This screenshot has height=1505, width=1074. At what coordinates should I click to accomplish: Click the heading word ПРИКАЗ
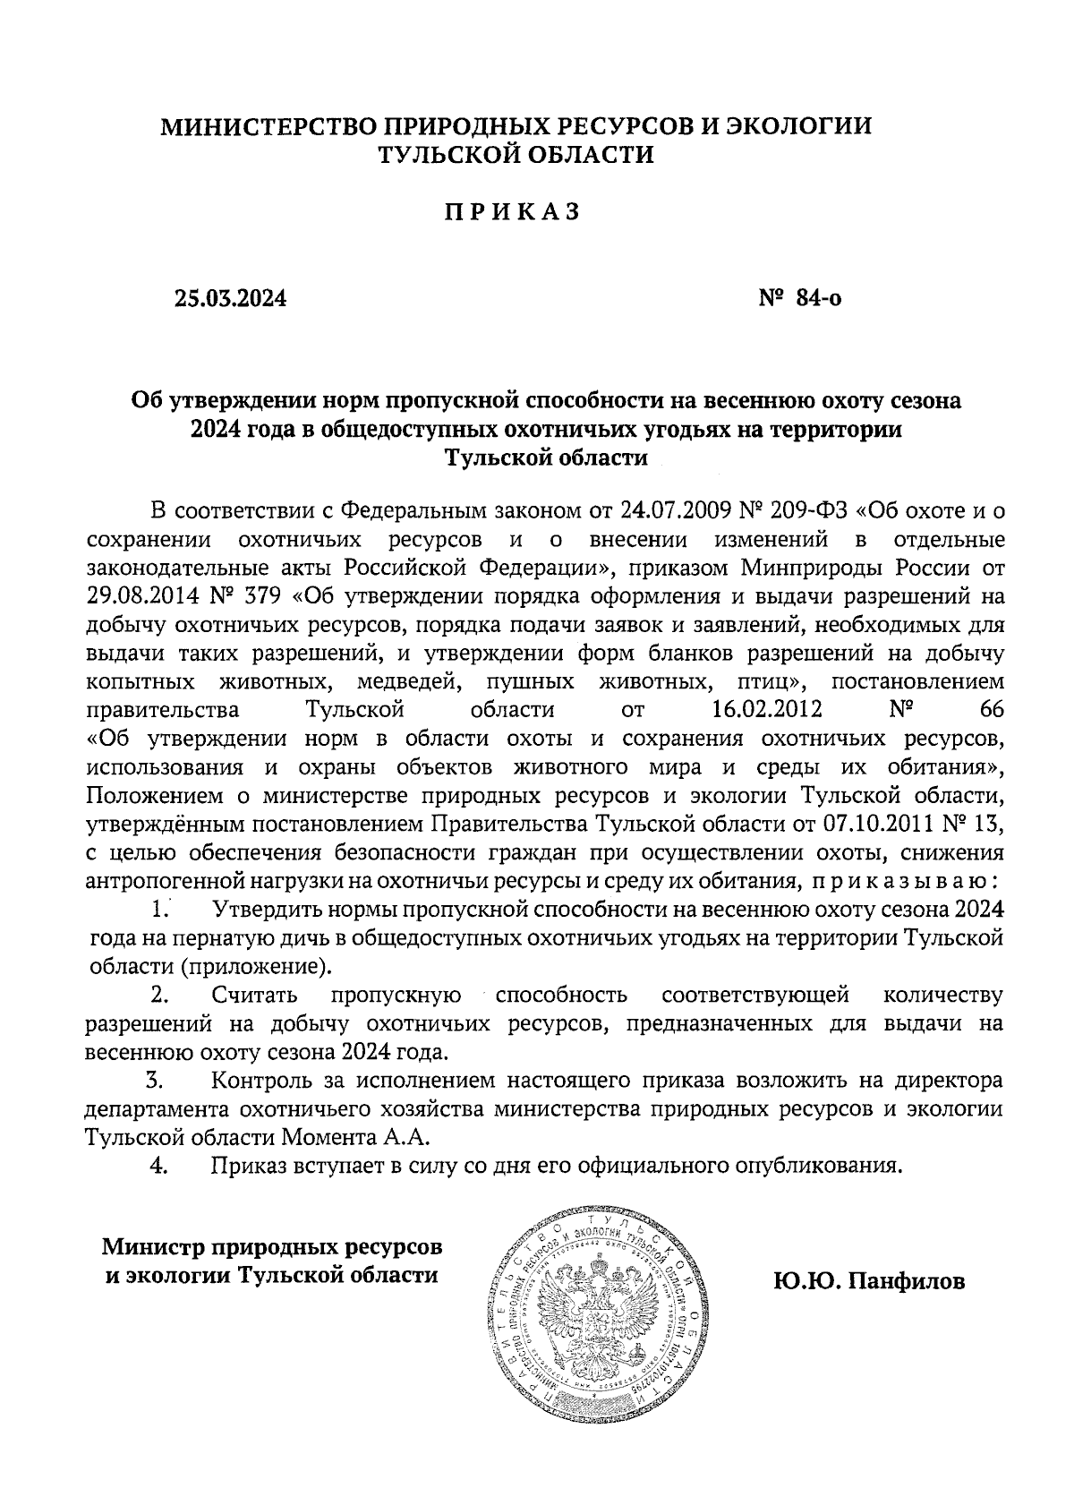(514, 212)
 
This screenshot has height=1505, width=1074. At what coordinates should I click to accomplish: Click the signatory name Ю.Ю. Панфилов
(870, 1282)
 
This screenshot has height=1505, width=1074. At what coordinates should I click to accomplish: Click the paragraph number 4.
(158, 1167)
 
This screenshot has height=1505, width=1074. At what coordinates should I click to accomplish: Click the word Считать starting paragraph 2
(257, 996)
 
